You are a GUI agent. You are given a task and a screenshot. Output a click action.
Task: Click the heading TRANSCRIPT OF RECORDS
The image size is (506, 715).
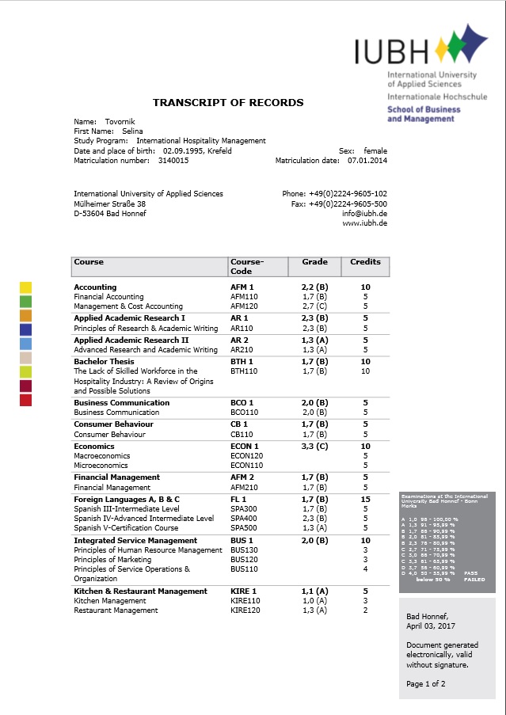tap(228, 103)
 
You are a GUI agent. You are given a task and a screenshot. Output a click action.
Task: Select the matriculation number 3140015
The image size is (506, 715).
tap(173, 160)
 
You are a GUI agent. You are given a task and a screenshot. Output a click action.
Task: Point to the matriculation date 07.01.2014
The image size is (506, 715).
tap(367, 160)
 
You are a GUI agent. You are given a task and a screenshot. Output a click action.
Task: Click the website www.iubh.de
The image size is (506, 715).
tap(364, 223)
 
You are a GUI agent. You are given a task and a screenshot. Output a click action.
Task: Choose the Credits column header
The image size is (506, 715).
tap(365, 262)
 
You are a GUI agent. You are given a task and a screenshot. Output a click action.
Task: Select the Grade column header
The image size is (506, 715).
tap(314, 262)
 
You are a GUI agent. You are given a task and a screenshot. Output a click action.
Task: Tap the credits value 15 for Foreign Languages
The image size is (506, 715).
tap(365, 500)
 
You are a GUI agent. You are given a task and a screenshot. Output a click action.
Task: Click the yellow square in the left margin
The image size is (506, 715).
tap(25, 287)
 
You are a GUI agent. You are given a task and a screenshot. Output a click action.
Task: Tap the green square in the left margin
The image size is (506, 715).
tap(25, 302)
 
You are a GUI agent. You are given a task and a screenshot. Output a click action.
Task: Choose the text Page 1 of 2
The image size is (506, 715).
tap(426, 683)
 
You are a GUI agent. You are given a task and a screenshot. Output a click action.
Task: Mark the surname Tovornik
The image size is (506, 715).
tap(119, 122)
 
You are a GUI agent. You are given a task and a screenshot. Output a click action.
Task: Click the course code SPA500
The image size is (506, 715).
tap(244, 528)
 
